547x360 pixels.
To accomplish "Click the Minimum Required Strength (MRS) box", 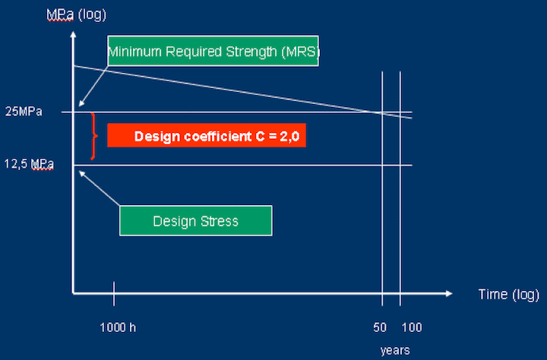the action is click(213, 51).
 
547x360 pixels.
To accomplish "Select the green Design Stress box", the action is click(196, 220).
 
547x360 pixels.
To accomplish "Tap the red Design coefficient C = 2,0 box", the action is click(207, 135).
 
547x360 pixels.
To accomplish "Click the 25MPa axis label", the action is click(24, 112).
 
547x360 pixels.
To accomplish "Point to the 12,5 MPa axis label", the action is click(29, 164).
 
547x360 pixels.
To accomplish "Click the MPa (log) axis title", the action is click(76, 15).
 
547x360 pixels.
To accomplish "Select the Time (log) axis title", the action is click(508, 295).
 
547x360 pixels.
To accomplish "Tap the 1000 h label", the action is click(118, 327).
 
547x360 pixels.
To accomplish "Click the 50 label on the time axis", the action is click(380, 327).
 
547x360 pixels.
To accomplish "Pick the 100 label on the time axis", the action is click(412, 327).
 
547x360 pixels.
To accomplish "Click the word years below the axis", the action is click(395, 351).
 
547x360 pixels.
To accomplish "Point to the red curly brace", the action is click(93, 136).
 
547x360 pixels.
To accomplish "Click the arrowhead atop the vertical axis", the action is click(73, 34).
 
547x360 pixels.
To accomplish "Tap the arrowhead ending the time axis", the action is click(449, 293).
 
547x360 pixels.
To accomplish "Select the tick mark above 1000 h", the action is click(114, 293).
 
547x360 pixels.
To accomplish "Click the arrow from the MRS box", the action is click(94, 86).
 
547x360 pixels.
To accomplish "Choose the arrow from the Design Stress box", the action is click(99, 188).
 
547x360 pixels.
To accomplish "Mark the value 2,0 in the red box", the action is click(289, 136).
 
